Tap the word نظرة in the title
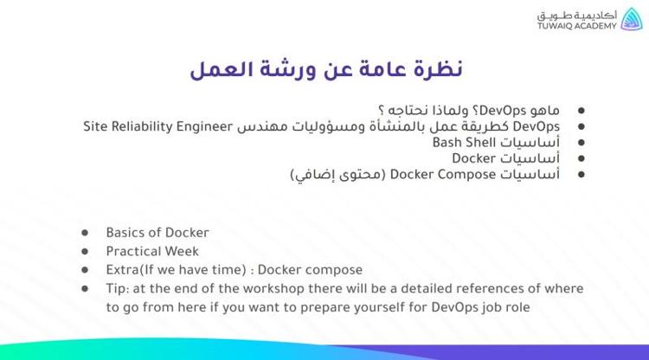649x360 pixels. pos(437,70)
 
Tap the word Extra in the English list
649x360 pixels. pos(124,270)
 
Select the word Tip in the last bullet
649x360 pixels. pos(116,288)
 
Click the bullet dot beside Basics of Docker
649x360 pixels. pos(86,233)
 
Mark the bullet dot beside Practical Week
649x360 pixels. pos(86,251)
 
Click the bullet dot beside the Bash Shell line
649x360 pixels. pos(581,142)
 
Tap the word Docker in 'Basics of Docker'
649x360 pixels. pos(188,233)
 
